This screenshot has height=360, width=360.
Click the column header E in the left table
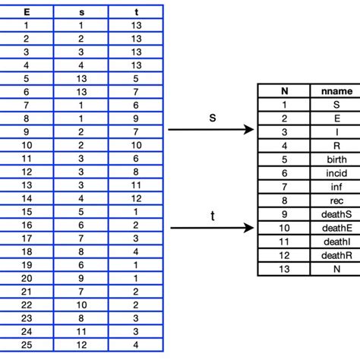pyautogui.click(x=27, y=11)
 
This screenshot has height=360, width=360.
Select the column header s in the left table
pyautogui.click(x=81, y=11)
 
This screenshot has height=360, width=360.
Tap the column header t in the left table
pyautogui.click(x=136, y=11)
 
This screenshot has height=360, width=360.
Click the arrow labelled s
pyautogui.click(x=210, y=130)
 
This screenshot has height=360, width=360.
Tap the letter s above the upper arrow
pyautogui.click(x=212, y=118)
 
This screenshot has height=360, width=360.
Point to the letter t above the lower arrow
pyautogui.click(x=212, y=216)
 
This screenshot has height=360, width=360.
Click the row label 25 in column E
pyautogui.click(x=27, y=345)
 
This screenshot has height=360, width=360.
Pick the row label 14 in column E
pyautogui.click(x=27, y=198)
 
